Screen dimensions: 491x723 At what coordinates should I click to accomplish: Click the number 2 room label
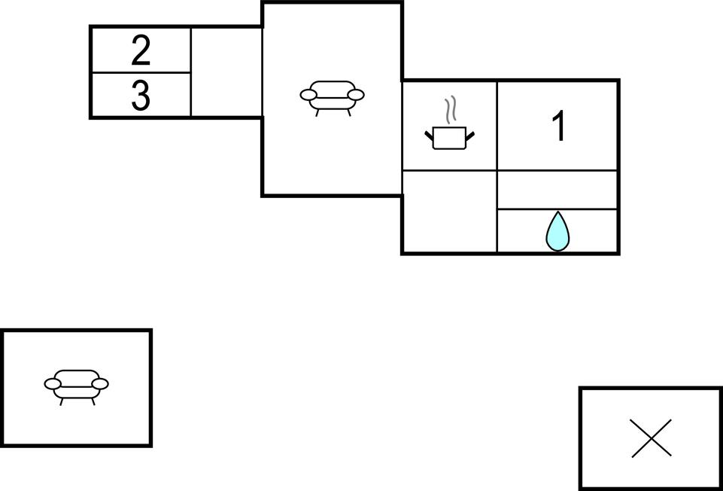(x=141, y=50)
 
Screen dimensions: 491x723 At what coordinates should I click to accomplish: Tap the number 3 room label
(x=141, y=96)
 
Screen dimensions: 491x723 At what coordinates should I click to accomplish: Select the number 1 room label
(x=558, y=127)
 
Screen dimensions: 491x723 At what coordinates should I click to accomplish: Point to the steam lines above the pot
(x=451, y=111)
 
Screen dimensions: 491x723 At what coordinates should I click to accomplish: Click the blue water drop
(x=557, y=232)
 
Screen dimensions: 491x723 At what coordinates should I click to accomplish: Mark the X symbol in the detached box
(x=652, y=438)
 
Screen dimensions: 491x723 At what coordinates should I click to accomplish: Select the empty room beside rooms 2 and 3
(x=226, y=72)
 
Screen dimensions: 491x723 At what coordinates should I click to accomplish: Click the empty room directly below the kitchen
(x=449, y=212)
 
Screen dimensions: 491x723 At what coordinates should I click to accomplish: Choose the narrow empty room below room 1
(x=557, y=190)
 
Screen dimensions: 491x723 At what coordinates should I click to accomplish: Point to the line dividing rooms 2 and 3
(x=141, y=73)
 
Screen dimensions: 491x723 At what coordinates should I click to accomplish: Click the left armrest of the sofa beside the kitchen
(x=308, y=95)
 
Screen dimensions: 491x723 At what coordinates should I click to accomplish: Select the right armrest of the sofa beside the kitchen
(x=356, y=95)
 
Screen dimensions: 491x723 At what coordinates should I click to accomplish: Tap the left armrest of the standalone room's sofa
(x=53, y=384)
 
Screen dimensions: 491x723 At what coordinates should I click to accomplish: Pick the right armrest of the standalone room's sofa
(x=100, y=384)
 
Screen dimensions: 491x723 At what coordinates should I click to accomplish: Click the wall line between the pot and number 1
(x=497, y=126)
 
